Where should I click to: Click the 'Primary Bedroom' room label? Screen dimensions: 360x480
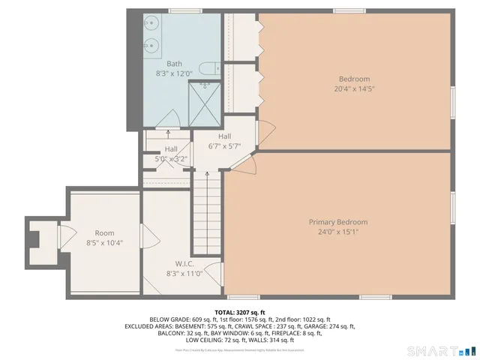pos(338,222)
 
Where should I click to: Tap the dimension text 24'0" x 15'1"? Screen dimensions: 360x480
pos(338,231)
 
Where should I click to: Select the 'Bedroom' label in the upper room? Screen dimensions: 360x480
pos(354,79)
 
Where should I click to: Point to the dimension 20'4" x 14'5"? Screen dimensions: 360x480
pos(354,88)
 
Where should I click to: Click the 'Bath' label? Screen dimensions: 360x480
pos(174,64)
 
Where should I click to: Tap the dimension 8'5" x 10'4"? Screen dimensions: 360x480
pos(104,242)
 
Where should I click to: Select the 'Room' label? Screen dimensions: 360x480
pos(104,233)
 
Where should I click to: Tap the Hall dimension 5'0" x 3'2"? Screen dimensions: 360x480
pos(171,158)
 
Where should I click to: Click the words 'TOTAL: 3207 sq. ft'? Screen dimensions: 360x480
pos(239,312)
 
